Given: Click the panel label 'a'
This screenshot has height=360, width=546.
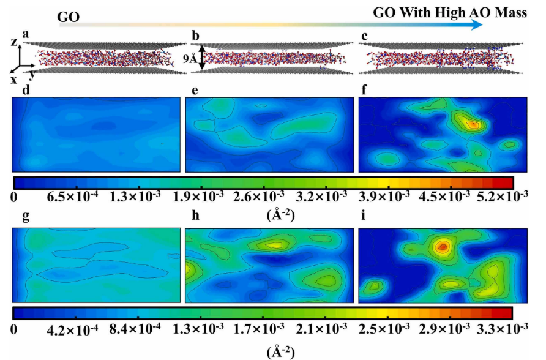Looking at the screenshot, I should [x=26, y=34].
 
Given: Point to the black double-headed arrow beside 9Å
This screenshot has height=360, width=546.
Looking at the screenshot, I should [x=201, y=59].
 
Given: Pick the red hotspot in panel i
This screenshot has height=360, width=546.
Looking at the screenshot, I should [x=441, y=247].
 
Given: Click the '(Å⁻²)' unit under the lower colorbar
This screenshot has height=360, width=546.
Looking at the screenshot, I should [x=280, y=351].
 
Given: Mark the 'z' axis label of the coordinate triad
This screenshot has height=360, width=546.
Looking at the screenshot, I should [x=14, y=42].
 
